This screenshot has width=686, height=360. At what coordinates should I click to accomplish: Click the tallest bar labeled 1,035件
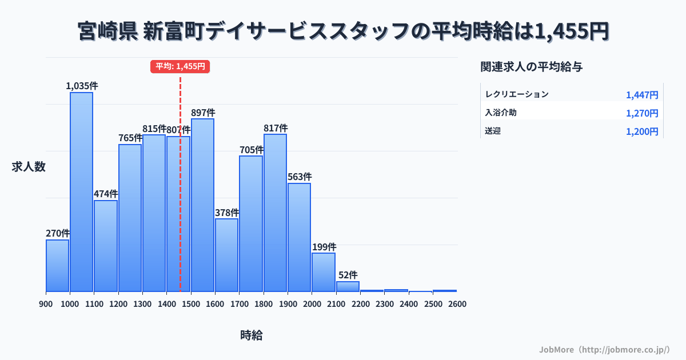[82, 191]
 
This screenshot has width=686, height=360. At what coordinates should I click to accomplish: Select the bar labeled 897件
[202, 205]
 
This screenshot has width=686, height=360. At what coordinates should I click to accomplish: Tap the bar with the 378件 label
[227, 255]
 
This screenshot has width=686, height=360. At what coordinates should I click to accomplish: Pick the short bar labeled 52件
[348, 286]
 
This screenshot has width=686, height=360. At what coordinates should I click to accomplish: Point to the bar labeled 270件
[57, 265]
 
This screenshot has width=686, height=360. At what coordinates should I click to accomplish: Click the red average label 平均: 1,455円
[180, 66]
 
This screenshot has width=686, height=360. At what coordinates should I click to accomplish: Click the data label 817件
[276, 128]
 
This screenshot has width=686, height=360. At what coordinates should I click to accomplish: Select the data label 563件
[300, 177]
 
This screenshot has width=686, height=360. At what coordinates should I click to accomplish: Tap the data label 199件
[324, 247]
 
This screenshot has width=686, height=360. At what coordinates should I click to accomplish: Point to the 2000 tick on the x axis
[312, 303]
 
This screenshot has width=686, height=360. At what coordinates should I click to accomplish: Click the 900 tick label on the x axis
[46, 303]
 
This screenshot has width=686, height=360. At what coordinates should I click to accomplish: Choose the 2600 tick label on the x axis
[457, 303]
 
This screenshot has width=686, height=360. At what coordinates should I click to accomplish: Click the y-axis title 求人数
[29, 167]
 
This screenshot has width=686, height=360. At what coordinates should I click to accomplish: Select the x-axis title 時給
[252, 335]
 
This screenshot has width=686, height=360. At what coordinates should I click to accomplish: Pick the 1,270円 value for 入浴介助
[642, 113]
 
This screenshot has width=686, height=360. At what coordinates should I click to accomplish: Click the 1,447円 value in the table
[642, 95]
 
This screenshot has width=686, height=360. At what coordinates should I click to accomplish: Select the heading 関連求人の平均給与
[532, 67]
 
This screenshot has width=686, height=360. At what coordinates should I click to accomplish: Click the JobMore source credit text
[604, 349]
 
